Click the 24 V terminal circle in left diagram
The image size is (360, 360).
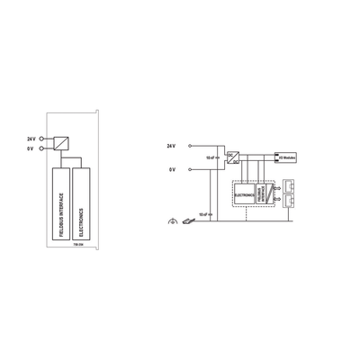click(41, 139)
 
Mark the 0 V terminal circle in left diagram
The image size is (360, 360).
click(41, 149)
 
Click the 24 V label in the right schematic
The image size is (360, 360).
click(173, 145)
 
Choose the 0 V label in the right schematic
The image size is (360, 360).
click(173, 168)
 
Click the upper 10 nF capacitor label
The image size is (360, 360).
click(211, 157)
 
